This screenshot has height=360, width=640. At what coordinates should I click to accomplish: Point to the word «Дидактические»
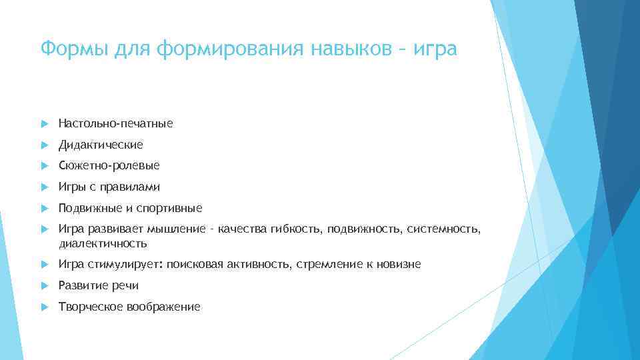(x=101, y=145)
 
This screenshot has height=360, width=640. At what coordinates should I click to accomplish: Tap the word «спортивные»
(x=171, y=208)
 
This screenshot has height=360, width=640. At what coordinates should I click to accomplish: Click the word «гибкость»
(x=295, y=230)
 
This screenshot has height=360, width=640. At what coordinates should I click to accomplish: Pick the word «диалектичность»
(x=103, y=243)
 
